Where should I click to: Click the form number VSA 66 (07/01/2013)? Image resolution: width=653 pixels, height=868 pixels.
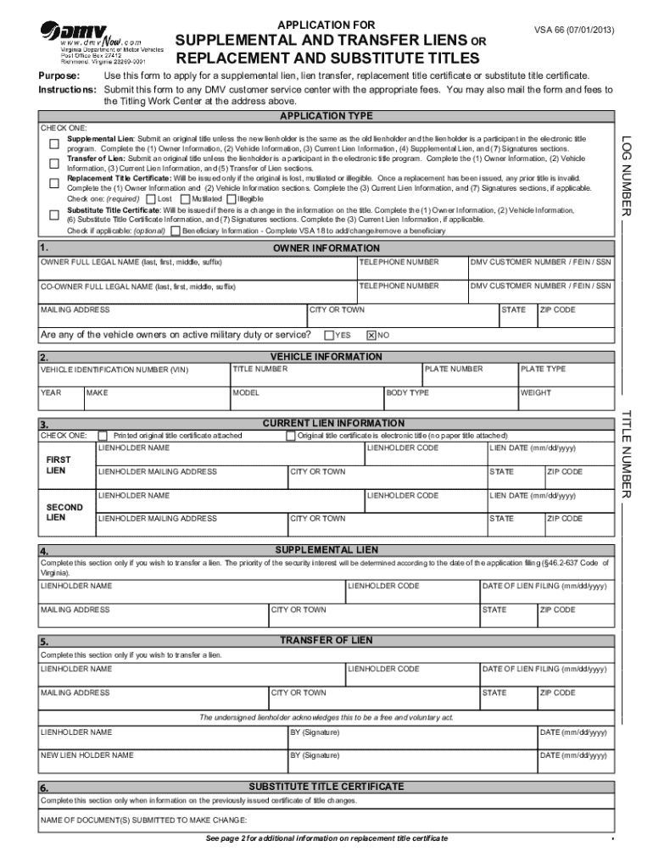tap(574, 31)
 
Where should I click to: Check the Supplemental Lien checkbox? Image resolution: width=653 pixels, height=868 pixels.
tap(53, 142)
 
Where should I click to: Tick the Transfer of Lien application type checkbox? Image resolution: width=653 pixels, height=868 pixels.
tap(53, 162)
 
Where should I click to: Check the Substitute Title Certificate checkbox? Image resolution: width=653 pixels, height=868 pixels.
tap(53, 213)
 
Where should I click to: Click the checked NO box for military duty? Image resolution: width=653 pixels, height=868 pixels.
tap(371, 335)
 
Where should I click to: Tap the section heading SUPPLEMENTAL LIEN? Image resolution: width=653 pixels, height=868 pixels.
tap(326, 550)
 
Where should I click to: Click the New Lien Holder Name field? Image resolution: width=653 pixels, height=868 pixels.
tap(161, 760)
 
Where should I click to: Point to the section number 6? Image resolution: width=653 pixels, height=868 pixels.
tap(43, 789)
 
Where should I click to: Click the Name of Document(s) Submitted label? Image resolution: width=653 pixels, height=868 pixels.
tap(143, 820)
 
